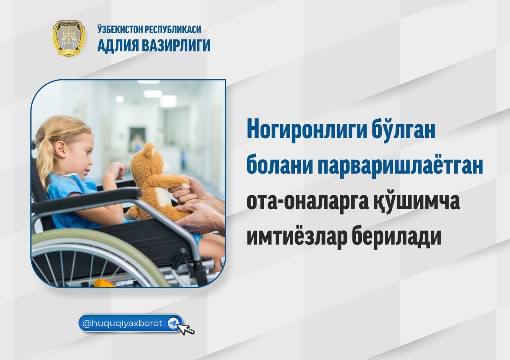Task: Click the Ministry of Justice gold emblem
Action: click(69, 38)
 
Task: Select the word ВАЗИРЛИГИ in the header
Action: click(176, 45)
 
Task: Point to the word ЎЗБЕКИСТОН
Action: click(120, 29)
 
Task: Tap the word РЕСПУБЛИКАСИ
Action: click(173, 30)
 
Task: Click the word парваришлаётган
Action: click(400, 167)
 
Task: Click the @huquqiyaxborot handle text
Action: click(122, 323)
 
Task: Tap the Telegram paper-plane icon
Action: click(173, 323)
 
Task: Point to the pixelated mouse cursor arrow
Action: click(186, 329)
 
